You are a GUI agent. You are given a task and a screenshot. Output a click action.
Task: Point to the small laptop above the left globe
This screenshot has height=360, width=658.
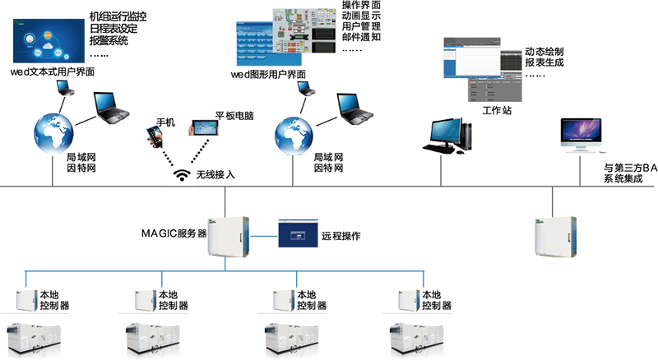point(63,87)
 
